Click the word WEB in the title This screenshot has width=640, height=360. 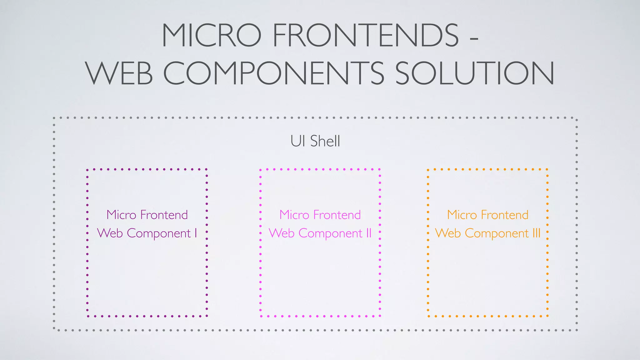tap(119, 73)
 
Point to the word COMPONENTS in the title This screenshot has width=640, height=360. tap(274, 73)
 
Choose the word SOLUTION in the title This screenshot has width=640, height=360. tap(475, 73)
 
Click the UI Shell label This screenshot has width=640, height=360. tap(315, 141)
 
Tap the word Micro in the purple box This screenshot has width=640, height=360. tap(121, 215)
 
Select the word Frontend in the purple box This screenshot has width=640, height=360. tap(164, 215)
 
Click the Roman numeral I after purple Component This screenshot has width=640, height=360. tap(196, 233)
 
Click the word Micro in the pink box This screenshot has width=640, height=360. tap(294, 215)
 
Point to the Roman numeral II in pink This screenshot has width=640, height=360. tap(369, 233)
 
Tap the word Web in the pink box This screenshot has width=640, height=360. tap(282, 233)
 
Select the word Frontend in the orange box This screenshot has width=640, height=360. tap(505, 215)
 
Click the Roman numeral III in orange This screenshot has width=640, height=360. tap(536, 233)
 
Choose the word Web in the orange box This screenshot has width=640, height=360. tap(448, 233)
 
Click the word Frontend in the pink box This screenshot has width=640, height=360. tap(337, 215)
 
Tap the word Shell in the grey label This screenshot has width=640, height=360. tap(325, 141)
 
